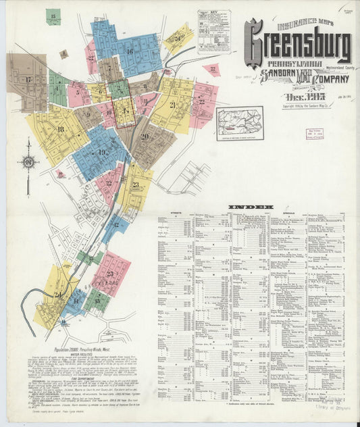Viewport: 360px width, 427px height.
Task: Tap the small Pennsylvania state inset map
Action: [x=240, y=124]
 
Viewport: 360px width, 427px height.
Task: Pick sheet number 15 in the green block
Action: [x=53, y=15]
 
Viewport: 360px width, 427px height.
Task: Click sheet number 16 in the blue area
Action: [x=129, y=51]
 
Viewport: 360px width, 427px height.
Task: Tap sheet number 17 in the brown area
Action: [x=28, y=79]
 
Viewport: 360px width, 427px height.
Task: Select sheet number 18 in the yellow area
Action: [x=61, y=129]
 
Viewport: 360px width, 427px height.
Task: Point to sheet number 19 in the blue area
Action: [x=101, y=153]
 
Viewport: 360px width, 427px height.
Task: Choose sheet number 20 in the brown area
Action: [x=145, y=136]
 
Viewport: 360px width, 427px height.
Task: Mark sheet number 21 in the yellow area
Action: [x=172, y=105]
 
